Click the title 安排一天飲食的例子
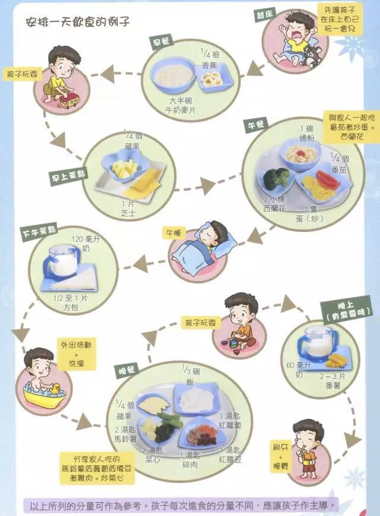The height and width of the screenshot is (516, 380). pos(78,22)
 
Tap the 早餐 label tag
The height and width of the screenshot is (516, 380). pos(161,42)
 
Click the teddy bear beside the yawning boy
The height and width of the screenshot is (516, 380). pos(311,56)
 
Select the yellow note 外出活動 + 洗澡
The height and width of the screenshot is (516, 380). pos(76,354)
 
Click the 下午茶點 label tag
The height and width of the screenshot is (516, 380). pos(39,231)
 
